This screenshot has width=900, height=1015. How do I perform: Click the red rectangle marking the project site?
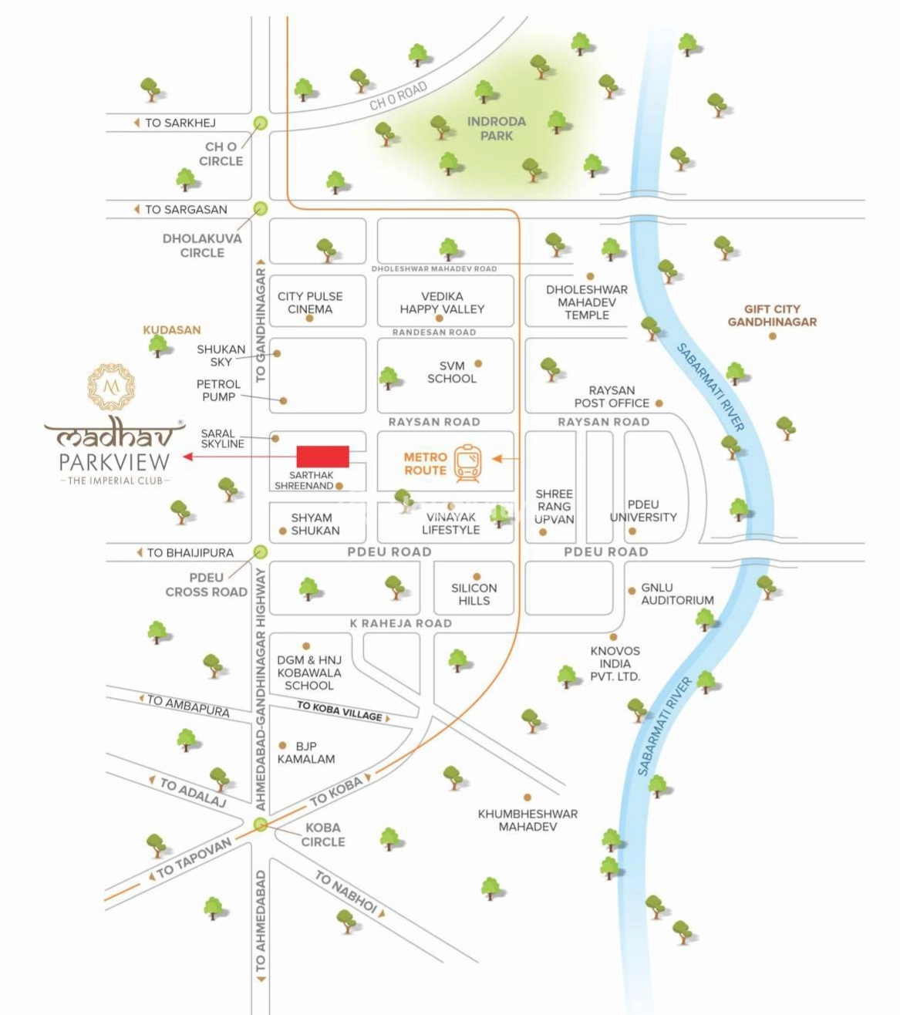322,457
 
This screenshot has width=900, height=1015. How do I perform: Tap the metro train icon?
467,463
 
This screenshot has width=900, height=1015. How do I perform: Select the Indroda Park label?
496,128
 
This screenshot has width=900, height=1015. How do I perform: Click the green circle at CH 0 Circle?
261,123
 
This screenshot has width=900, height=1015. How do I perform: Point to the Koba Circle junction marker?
261,825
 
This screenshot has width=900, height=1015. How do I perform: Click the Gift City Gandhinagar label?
772,315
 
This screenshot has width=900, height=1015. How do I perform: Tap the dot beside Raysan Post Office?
659,403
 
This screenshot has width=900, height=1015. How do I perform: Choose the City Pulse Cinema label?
310,302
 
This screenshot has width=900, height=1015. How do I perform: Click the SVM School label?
452,372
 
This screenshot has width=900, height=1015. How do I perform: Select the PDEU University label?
643,511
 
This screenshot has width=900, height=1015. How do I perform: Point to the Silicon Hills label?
474,594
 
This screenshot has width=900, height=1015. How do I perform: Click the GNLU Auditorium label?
677,593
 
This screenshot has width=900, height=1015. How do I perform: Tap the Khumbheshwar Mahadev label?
528,820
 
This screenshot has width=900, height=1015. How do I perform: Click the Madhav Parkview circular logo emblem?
111,386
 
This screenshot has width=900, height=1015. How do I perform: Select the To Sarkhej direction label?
180,123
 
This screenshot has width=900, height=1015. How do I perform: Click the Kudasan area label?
171,329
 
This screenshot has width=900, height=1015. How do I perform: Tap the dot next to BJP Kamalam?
283,746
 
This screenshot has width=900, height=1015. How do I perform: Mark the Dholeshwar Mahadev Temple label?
587,302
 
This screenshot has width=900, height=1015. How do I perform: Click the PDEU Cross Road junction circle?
261,551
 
